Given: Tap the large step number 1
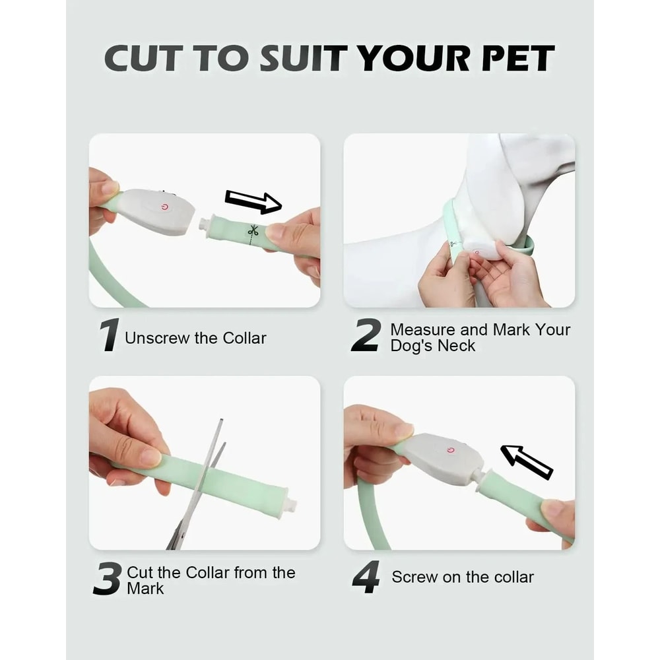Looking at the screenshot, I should pyautogui.click(x=109, y=335).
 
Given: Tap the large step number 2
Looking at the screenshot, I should pyautogui.click(x=366, y=335).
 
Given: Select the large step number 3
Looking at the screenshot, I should pyautogui.click(x=107, y=579).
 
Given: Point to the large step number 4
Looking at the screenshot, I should pyautogui.click(x=366, y=577).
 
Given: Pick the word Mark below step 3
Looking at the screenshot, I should pyautogui.click(x=145, y=587).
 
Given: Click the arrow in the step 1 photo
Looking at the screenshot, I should pyautogui.click(x=253, y=201).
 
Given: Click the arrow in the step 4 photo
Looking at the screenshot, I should pyautogui.click(x=526, y=461).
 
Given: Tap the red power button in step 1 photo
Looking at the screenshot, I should pyautogui.click(x=164, y=207).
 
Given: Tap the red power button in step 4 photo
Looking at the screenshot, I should pyautogui.click(x=451, y=450).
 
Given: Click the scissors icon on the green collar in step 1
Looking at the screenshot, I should pyautogui.click(x=253, y=230).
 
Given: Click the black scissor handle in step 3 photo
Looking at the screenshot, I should pyautogui.click(x=176, y=538).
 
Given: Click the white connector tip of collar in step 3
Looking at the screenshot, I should pyautogui.click(x=291, y=505).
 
